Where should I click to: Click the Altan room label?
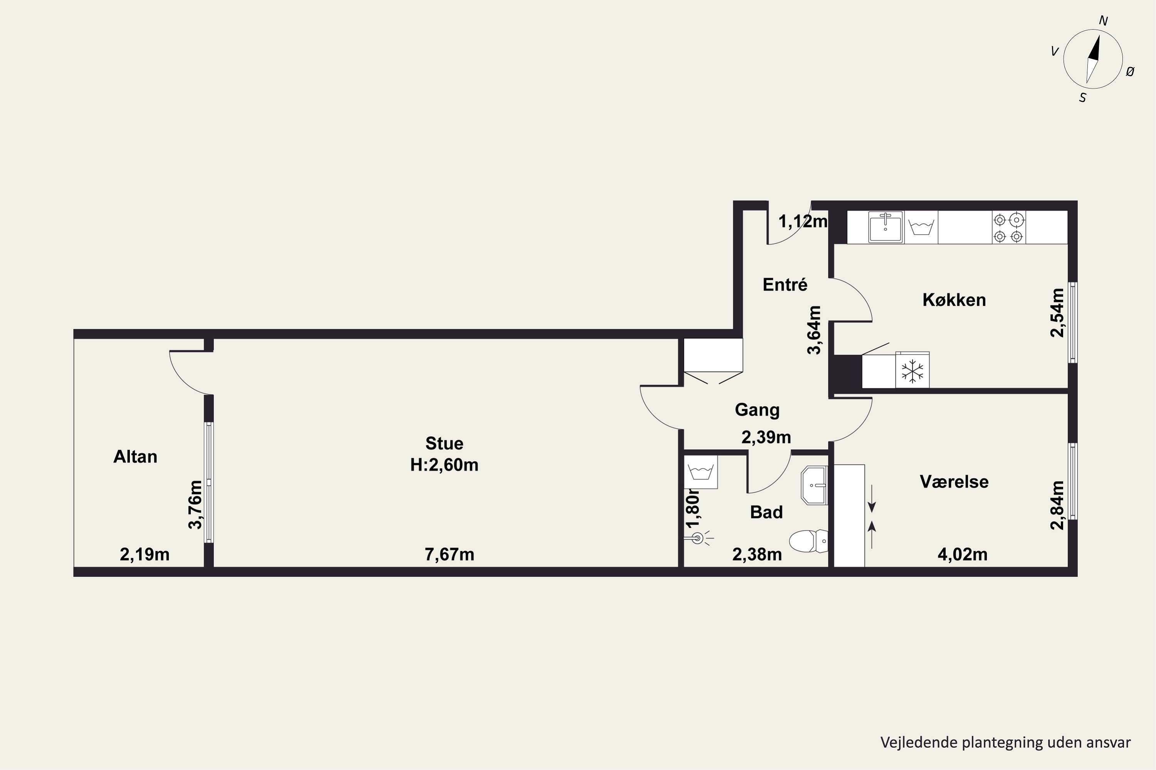(135, 457)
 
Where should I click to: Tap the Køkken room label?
(954, 300)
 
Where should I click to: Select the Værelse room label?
(954, 482)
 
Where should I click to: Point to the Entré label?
(785, 285)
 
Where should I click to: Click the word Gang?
(757, 410)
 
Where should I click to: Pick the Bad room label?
(766, 512)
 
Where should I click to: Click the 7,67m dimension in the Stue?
(449, 554)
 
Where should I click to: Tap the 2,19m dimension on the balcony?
(144, 554)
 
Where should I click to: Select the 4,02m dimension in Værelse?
(962, 554)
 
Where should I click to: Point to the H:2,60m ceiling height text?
(444, 465)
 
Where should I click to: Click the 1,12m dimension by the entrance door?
(803, 221)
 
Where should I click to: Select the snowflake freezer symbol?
(912, 371)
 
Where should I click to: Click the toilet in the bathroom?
(808, 541)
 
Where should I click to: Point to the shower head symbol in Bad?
(698, 539)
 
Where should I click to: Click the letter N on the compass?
(1103, 21)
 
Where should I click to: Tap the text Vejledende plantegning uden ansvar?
(1005, 742)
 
